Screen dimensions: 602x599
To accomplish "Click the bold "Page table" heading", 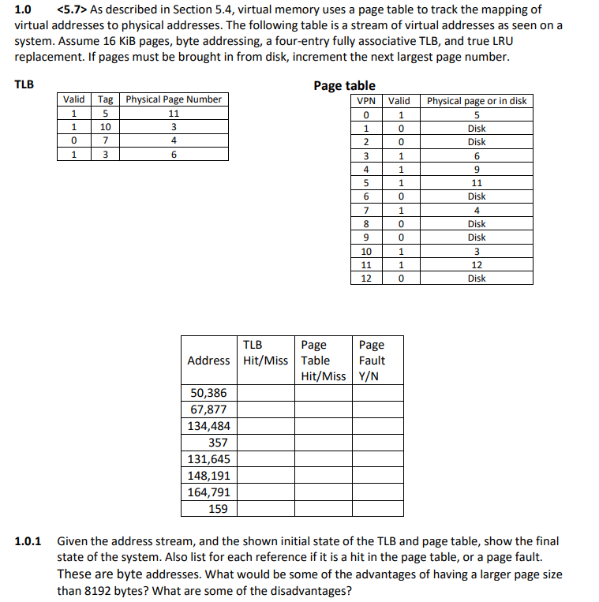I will [x=344, y=85].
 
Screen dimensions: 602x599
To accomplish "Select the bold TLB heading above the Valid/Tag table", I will [x=24, y=84].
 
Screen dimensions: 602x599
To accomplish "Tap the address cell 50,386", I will [x=209, y=393].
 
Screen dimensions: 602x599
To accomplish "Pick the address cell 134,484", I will [x=209, y=426].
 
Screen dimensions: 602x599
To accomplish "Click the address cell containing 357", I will [x=217, y=443].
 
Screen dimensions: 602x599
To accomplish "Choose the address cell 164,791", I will [x=209, y=492].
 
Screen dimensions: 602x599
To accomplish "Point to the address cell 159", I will [x=219, y=509].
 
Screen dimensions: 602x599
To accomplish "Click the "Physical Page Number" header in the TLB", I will [x=174, y=99].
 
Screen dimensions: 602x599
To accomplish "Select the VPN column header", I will [x=366, y=101].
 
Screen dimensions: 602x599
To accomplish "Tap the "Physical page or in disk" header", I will [x=476, y=101].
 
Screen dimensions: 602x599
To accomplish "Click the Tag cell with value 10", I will [x=105, y=127].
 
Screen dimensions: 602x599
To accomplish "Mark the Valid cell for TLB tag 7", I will [x=74, y=140].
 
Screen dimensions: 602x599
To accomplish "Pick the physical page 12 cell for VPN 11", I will [x=476, y=264].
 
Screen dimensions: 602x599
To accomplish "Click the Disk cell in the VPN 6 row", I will [x=476, y=196].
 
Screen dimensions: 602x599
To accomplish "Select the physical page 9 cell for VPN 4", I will [x=476, y=169].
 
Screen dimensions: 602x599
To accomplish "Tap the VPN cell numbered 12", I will [x=366, y=279].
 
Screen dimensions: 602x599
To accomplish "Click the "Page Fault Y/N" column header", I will [x=372, y=360].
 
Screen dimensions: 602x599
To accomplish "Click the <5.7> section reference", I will [x=73, y=9].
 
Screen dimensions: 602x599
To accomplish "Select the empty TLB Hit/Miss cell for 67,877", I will [x=266, y=409].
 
